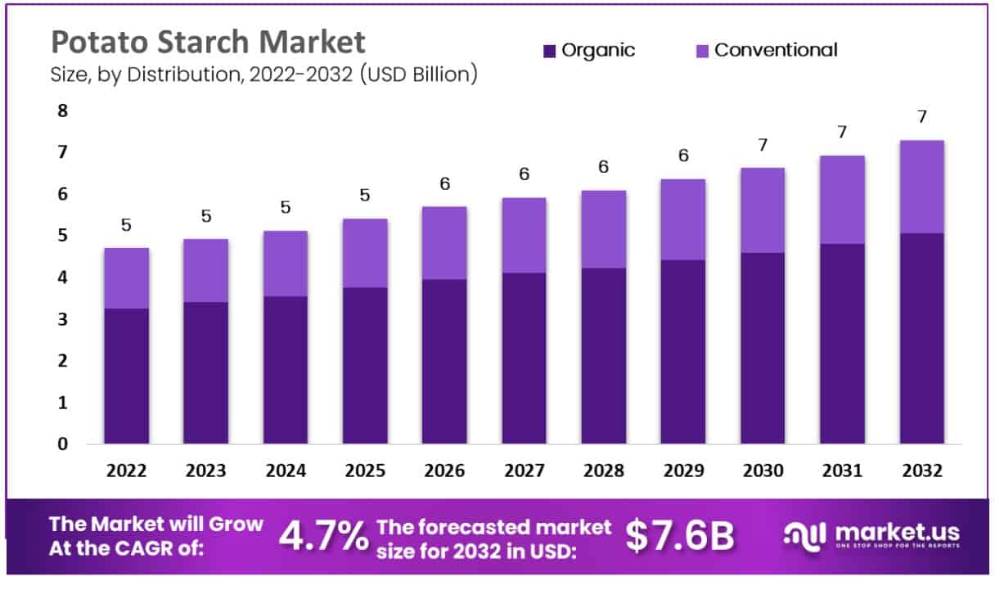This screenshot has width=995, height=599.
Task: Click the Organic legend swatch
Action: (x=549, y=51)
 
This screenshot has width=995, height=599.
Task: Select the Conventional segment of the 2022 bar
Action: (x=126, y=278)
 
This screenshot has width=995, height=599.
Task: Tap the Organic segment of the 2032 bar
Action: (x=921, y=339)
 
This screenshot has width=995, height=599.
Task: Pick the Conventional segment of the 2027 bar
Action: (x=524, y=236)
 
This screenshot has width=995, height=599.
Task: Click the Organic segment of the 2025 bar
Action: (x=365, y=366)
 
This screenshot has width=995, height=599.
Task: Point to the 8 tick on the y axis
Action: (x=62, y=110)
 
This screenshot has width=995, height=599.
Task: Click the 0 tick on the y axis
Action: (x=62, y=444)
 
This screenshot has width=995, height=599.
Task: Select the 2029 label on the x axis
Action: (x=683, y=471)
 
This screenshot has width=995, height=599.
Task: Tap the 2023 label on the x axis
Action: (x=206, y=471)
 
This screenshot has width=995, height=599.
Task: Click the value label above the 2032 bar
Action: (x=922, y=117)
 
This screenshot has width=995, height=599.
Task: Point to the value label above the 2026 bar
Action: (x=444, y=184)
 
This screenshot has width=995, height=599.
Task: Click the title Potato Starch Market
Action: (x=208, y=42)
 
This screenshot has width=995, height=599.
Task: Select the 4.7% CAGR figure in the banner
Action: (x=323, y=536)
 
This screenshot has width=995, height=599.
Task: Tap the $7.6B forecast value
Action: (x=680, y=536)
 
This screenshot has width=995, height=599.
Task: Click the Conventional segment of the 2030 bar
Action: (x=763, y=210)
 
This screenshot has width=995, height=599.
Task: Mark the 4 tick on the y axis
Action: (x=62, y=277)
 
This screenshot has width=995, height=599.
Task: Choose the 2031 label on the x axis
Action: (x=842, y=471)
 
